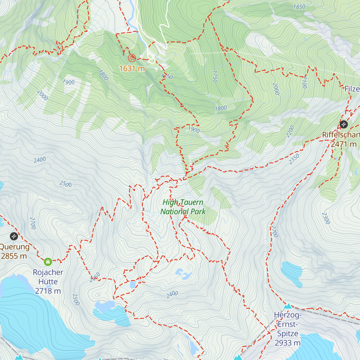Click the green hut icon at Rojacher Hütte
point(48,262)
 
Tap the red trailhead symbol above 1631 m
point(132,58)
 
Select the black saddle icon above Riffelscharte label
point(343,124)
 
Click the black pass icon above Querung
point(14,236)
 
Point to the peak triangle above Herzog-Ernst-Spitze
point(288,306)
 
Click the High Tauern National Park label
point(183,207)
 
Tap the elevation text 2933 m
point(287,343)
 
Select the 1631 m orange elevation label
point(132,69)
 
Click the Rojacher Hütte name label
point(48,277)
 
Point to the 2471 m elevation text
point(344,144)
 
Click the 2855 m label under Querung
point(14,256)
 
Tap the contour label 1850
point(299,7)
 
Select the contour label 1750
point(214,76)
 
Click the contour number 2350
point(294,159)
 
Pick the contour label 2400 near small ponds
point(172,295)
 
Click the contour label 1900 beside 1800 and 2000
point(68,82)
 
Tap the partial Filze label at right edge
point(352,89)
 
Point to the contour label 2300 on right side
point(326,218)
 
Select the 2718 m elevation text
point(48,291)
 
